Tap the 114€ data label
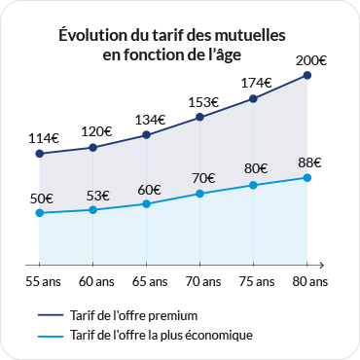(42, 138)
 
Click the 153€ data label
(202, 102)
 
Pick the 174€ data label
(255, 83)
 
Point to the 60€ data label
(149, 189)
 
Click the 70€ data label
(202, 178)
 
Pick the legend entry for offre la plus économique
(162, 335)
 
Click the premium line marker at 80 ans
(307, 75)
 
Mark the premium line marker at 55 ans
(40, 153)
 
